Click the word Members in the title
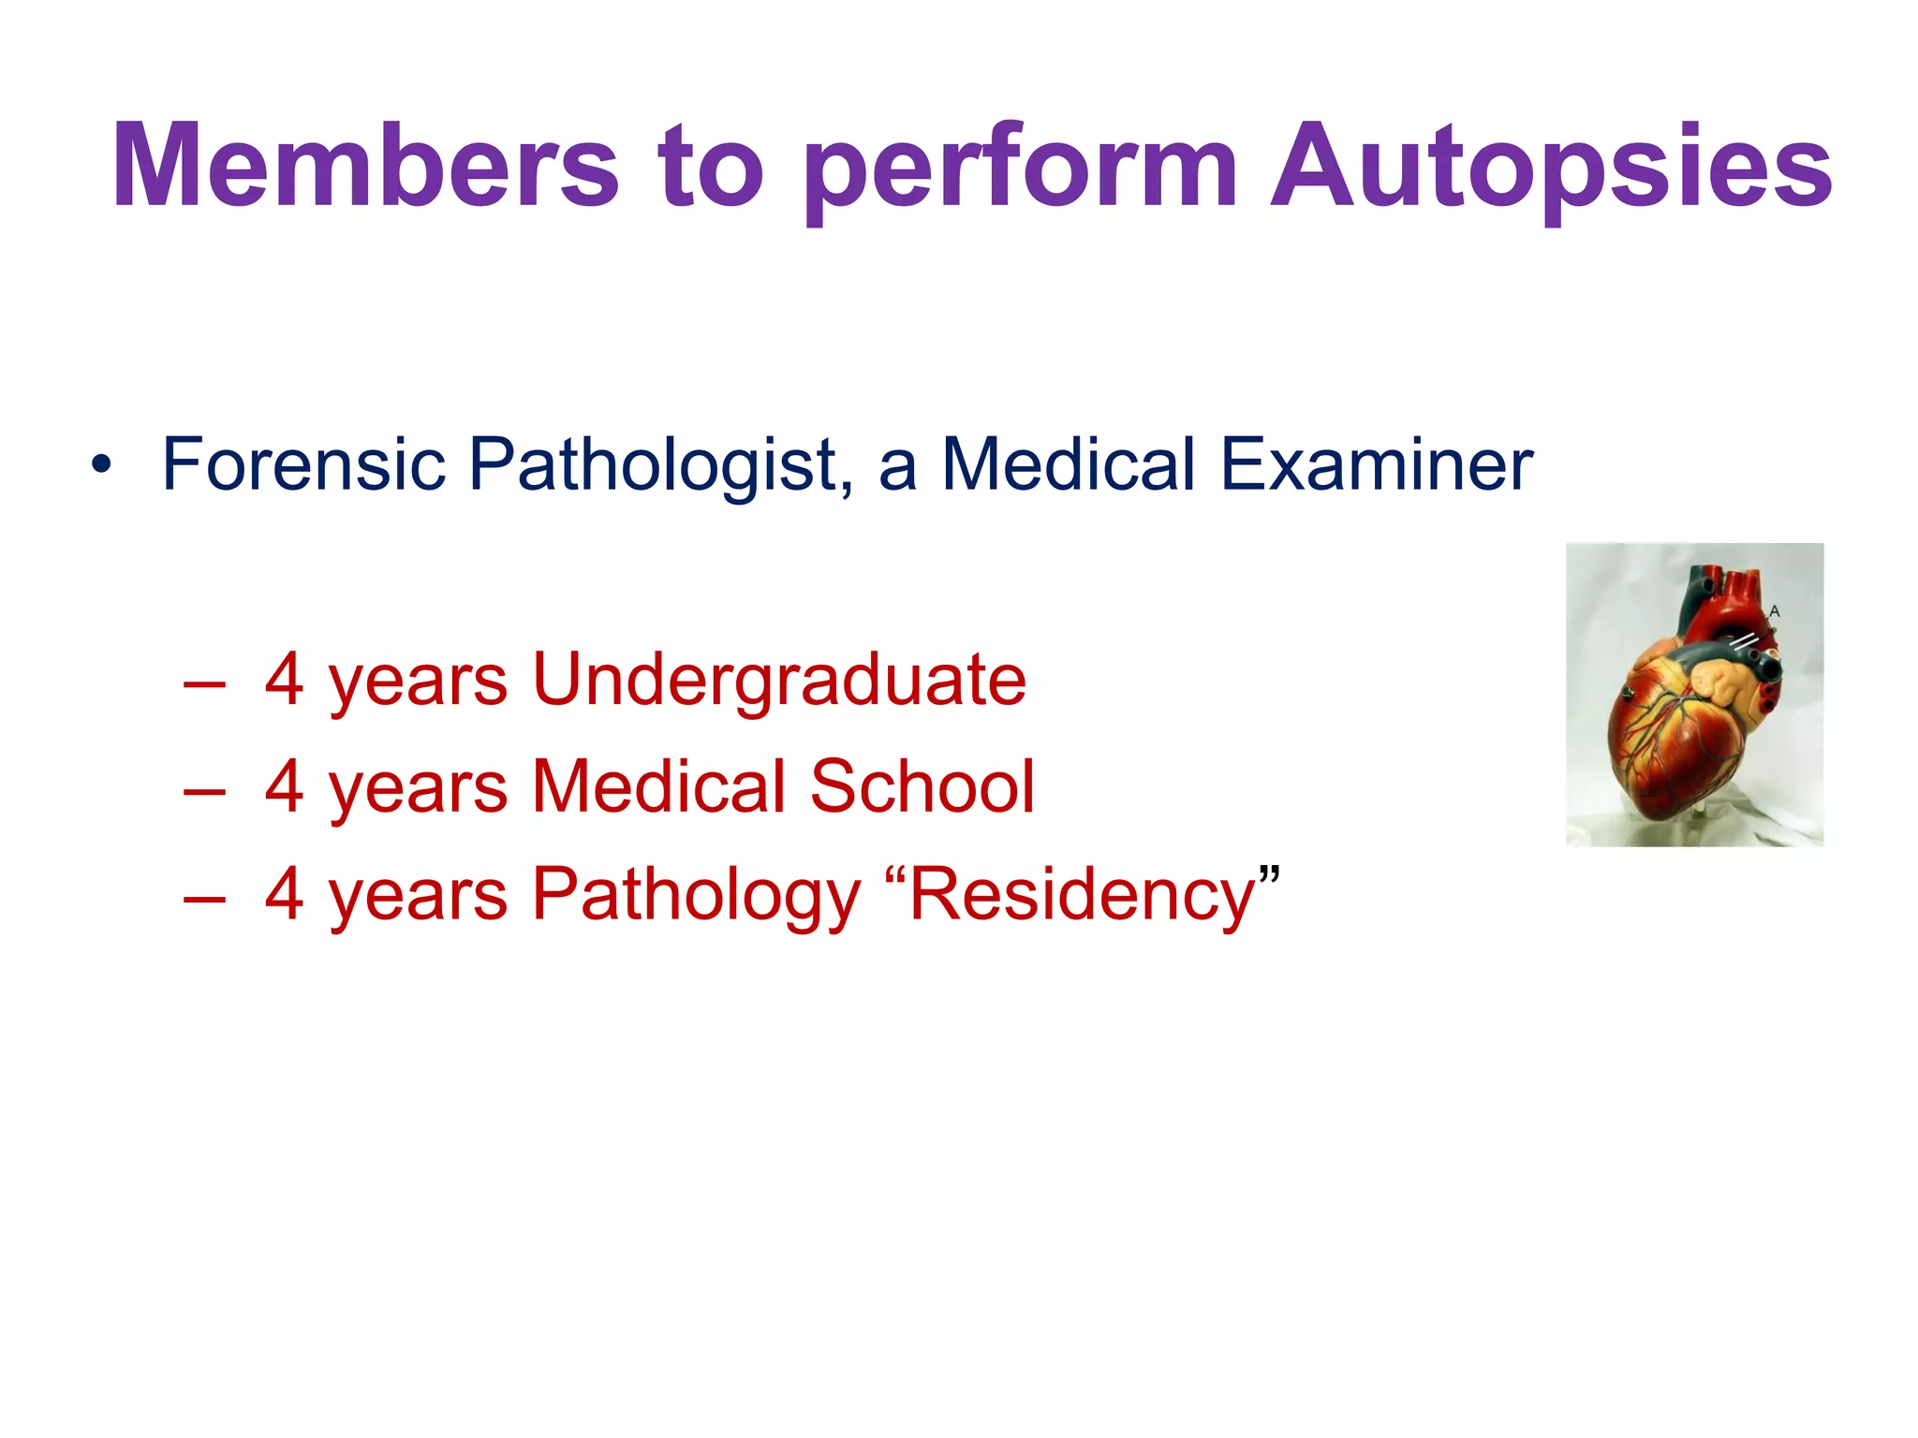[365, 167]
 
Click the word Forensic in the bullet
[303, 464]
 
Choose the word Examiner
[1377, 464]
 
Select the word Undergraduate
[779, 682]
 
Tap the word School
[922, 786]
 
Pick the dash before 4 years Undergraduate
[205, 684]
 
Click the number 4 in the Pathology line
[284, 894]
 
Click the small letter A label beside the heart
[1774, 611]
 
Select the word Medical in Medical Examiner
[1069, 464]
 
